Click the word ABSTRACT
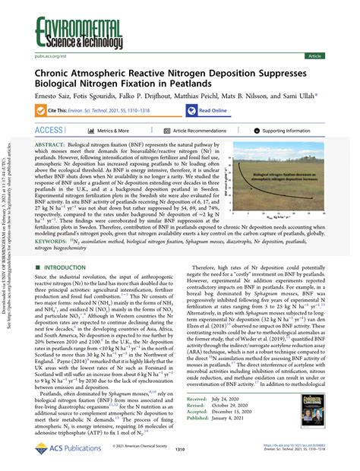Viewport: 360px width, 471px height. pos(53,144)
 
